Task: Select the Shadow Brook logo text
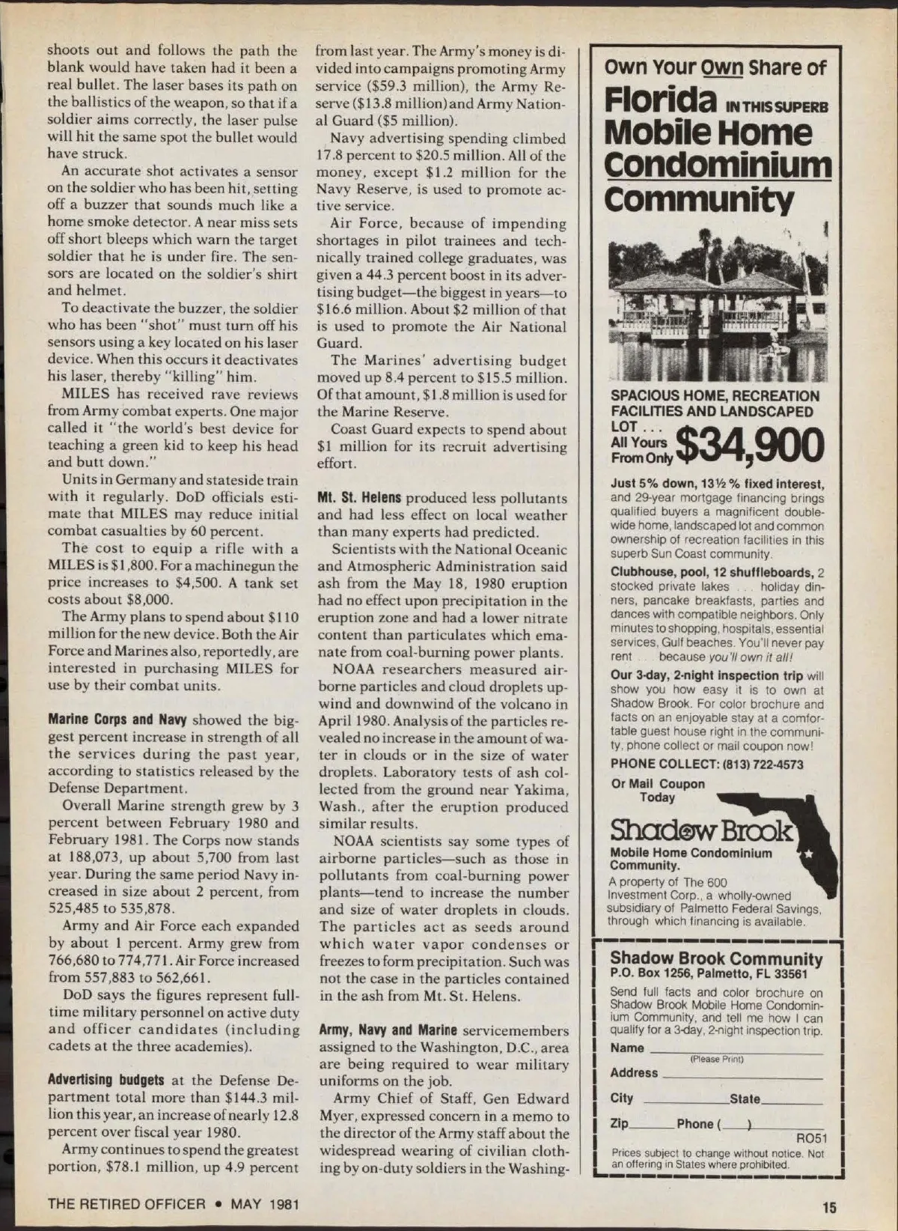pos(700,830)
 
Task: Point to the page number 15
pos(828,1206)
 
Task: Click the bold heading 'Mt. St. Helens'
pos(358,498)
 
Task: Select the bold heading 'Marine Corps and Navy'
pos(118,720)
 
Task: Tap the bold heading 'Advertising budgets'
pos(106,1080)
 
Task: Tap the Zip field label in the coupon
pos(619,1124)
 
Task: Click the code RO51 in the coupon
pos(811,1140)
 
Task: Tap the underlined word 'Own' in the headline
pos(721,67)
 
